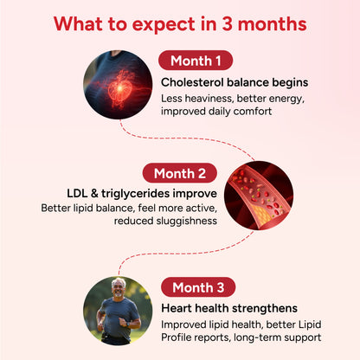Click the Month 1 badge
point(196,61)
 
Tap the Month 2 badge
point(180,173)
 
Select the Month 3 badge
point(198,287)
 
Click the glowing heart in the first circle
point(119,89)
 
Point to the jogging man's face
point(119,288)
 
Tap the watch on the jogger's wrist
point(128,324)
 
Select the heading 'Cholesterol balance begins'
point(235,82)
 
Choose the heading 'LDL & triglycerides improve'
point(142,194)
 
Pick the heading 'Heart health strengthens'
point(229,308)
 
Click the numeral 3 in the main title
point(227,23)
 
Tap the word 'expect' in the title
point(164,24)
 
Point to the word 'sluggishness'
point(187,221)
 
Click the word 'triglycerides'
point(135,194)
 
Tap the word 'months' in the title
point(272,24)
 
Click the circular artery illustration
point(259,196)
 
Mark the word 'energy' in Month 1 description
point(286,99)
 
